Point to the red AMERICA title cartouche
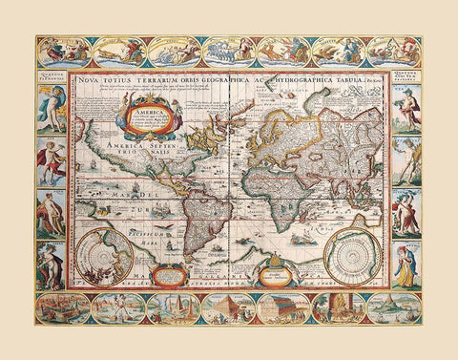(144, 121)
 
